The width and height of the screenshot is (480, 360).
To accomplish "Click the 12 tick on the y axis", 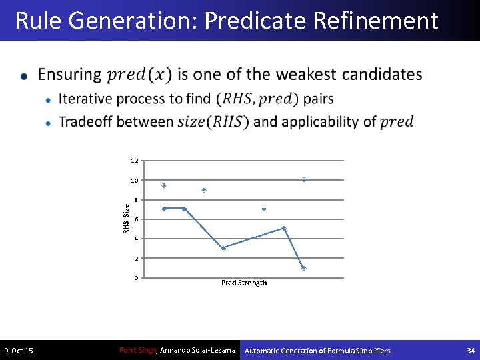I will (x=135, y=161).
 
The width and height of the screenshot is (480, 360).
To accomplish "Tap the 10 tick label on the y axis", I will (x=135, y=181).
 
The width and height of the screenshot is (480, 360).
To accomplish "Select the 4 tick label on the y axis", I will (x=136, y=239).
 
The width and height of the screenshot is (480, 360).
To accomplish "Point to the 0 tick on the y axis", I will (x=136, y=277).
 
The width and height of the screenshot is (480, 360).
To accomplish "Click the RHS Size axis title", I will (x=127, y=219).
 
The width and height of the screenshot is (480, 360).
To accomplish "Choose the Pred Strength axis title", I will (x=244, y=283).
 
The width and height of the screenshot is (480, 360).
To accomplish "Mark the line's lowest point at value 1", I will (x=303, y=268).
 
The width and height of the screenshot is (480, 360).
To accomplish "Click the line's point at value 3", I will (x=223, y=248).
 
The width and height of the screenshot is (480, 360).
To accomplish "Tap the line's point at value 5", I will (x=284, y=229).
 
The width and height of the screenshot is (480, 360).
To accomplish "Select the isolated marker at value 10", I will (x=304, y=180).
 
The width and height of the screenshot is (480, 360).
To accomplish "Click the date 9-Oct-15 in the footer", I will (x=19, y=351).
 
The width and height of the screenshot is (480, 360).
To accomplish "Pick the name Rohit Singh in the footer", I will (x=137, y=350).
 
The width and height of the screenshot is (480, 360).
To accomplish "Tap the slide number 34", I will (x=471, y=351).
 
